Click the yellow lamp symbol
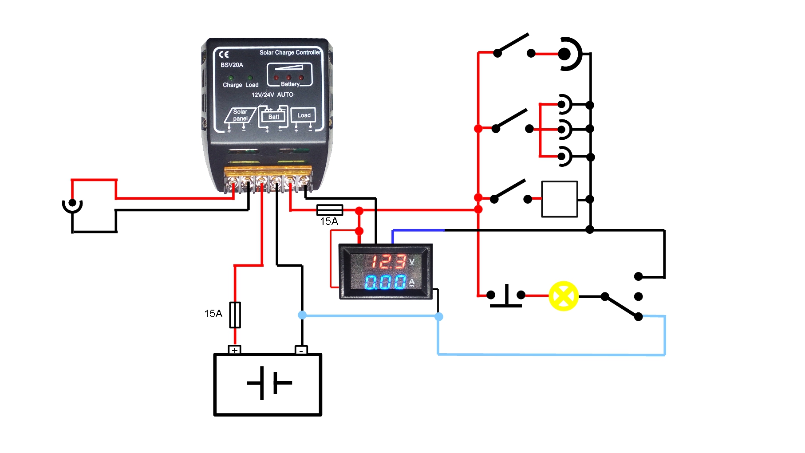(564, 296)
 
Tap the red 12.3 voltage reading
(388, 262)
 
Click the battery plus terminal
(235, 350)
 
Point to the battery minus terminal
(301, 350)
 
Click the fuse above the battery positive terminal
(235, 315)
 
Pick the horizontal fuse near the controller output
(330, 210)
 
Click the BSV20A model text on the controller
(232, 65)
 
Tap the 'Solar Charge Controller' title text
(290, 52)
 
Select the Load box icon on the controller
(304, 115)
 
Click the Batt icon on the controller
(273, 116)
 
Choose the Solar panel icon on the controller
(240, 115)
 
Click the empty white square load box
(560, 199)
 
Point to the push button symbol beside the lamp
(506, 296)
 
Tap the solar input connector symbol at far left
(72, 205)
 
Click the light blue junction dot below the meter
(439, 316)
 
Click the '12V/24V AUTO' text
(272, 95)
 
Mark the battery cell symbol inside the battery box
(268, 382)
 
